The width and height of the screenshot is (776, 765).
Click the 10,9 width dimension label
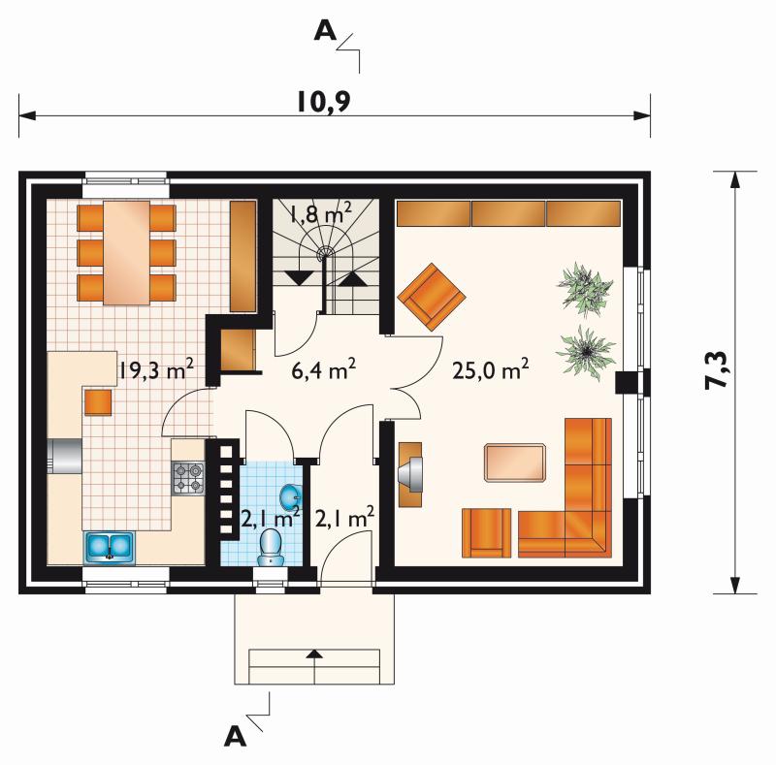[324, 102]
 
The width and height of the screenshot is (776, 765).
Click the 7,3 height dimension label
[717, 369]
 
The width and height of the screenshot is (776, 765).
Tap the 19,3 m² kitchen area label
[155, 368]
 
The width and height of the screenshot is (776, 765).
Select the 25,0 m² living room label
[491, 368]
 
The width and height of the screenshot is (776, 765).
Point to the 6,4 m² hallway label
[324, 368]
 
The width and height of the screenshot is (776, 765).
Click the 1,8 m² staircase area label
[320, 215]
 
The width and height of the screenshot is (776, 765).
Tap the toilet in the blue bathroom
[271, 546]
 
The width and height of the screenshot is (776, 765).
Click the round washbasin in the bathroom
[290, 496]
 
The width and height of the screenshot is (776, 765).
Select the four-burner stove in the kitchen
[188, 478]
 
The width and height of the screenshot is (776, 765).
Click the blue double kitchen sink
[110, 547]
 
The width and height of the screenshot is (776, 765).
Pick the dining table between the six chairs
[126, 252]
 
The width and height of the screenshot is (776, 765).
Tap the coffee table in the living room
[515, 462]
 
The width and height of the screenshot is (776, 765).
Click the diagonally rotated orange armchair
[432, 297]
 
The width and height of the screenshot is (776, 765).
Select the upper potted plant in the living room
[585, 289]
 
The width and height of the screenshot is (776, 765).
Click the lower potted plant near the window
[586, 352]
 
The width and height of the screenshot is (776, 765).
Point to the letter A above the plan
[325, 31]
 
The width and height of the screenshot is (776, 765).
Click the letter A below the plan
[235, 737]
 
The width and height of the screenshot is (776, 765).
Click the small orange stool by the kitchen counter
[98, 402]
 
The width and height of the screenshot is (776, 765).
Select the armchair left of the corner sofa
[486, 533]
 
